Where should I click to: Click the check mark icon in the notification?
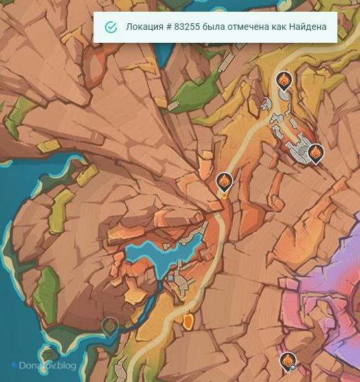(111, 27)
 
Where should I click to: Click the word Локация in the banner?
(145, 27)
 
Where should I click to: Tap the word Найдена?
(306, 27)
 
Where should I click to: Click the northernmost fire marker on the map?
(283, 80)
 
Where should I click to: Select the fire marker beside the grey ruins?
(315, 152)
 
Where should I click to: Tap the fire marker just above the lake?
(223, 182)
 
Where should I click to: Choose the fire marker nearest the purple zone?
(287, 361)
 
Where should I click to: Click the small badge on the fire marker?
(293, 366)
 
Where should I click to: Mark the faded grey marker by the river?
(110, 326)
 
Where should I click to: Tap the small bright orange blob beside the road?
(188, 322)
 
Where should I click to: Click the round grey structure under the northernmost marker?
(284, 95)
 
